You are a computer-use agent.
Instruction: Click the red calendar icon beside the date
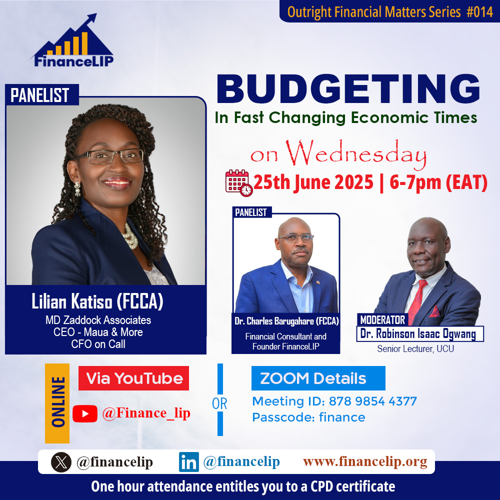point(239,182)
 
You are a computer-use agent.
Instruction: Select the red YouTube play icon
point(85,413)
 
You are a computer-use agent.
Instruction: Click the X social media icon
point(61,462)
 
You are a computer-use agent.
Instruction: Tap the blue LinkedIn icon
point(189,462)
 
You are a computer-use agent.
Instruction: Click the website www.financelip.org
point(365,461)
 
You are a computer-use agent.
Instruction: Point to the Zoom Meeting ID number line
point(334,401)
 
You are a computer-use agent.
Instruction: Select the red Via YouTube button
point(133,378)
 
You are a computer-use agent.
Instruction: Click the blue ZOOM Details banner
point(318,378)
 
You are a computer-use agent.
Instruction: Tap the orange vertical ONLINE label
point(57,403)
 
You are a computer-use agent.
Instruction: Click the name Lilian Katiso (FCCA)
point(97,301)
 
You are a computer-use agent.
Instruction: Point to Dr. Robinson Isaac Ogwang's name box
point(419,334)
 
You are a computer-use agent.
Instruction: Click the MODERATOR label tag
point(382,319)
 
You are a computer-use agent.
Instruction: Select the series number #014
point(479,12)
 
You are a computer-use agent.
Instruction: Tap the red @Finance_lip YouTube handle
point(146,413)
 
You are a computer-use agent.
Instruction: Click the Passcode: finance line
point(308,417)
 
